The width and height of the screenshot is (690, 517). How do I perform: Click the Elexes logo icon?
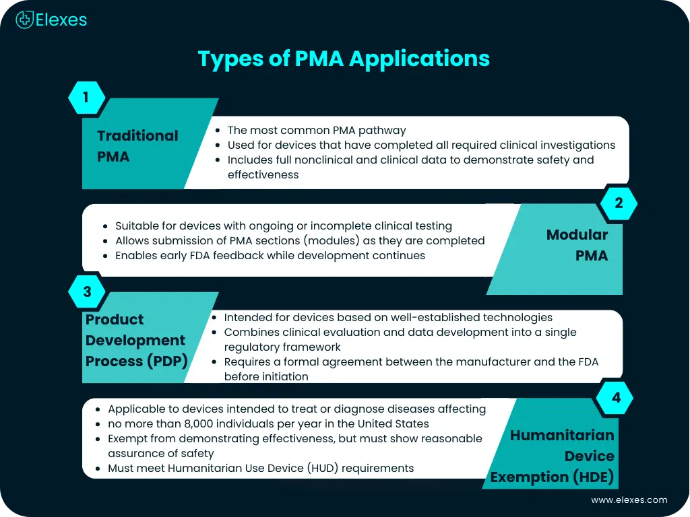[25, 20]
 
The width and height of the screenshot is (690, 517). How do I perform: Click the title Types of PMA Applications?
[344, 59]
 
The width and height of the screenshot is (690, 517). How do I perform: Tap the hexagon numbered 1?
[86, 98]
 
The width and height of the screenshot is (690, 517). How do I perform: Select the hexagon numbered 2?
[619, 203]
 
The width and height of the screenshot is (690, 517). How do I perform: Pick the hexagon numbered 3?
[86, 291]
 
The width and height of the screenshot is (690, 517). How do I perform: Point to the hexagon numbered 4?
[616, 398]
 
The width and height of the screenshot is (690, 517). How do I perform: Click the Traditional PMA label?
[137, 145]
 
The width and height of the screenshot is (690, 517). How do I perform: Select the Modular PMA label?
[577, 245]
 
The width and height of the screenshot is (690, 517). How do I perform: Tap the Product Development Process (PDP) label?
[135, 340]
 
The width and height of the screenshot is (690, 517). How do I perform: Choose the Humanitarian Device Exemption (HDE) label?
[553, 456]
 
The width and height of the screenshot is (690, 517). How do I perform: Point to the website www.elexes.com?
[629, 499]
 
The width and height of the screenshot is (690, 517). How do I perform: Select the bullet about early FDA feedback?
[270, 256]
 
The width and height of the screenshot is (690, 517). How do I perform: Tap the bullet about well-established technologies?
[388, 317]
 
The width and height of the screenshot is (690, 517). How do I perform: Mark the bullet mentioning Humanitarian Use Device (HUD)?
[261, 468]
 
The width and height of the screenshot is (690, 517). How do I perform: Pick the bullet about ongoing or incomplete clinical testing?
[283, 226]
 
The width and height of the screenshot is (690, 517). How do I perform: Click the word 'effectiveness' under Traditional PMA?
[263, 174]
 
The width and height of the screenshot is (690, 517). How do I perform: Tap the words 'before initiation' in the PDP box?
[266, 376]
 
